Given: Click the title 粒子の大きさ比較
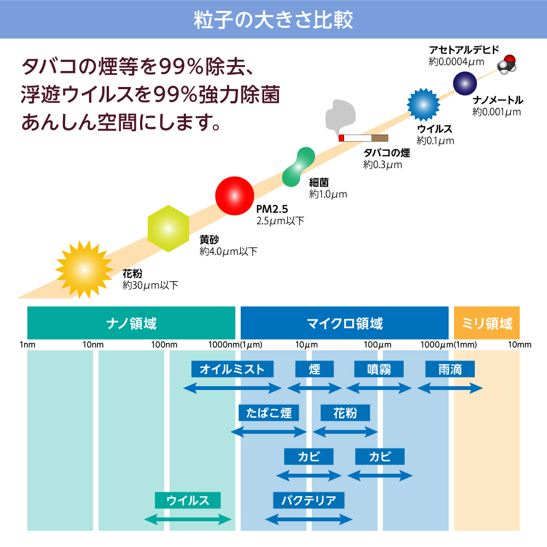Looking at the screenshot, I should point(273,19).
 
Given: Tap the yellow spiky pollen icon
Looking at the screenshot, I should point(83,269).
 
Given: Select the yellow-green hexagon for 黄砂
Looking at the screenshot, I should point(168,229).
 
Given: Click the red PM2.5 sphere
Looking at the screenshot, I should point(235,196).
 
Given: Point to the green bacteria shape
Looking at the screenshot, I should point(298,166).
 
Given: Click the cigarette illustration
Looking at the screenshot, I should point(363,137).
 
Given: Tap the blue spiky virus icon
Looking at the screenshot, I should point(424,104).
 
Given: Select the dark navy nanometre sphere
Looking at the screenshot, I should point(465,84).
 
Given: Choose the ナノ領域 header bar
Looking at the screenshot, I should point(131,323).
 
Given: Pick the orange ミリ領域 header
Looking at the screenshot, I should point(487,323).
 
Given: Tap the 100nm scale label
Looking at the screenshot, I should point(164,345).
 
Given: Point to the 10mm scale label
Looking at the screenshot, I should point(520,345).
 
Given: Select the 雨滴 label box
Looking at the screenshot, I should point(450,369).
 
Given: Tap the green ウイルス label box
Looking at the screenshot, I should point(188,500).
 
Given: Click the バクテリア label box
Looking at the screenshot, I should point(309,500).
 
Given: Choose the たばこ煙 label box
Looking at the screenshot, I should point(269,412).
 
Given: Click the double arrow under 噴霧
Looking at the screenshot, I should point(379,388).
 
